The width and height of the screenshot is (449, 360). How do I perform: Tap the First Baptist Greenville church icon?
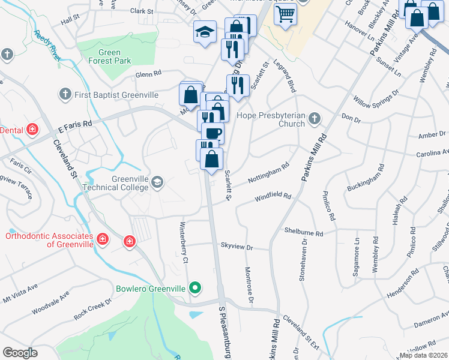[x=65, y=94]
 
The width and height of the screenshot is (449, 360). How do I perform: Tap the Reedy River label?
[x=49, y=45]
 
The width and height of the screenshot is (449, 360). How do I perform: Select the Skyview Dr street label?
[x=237, y=247]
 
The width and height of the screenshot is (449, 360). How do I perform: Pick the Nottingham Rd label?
[x=270, y=173]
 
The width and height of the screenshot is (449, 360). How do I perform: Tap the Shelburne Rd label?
[x=304, y=232]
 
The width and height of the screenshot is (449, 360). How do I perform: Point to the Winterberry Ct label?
[x=185, y=244]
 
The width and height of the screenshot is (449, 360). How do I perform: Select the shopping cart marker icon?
[x=286, y=14]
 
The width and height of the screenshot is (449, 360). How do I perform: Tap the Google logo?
[x=20, y=352]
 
